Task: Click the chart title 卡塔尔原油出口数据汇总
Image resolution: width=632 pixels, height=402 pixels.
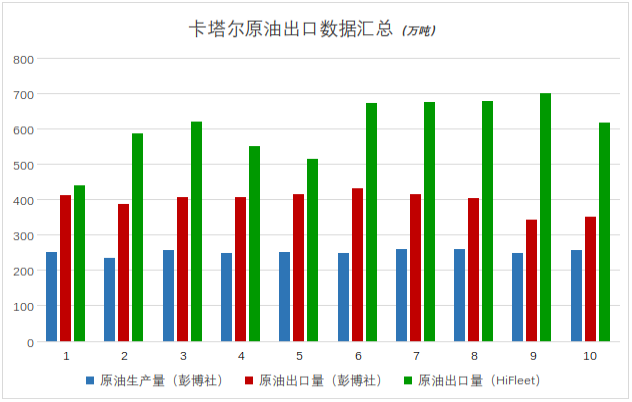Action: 291,29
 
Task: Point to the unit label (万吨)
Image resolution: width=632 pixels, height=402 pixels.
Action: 418,31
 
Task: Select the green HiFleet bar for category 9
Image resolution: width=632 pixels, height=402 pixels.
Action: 545,217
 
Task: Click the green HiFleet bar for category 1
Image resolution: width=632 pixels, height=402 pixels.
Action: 79,263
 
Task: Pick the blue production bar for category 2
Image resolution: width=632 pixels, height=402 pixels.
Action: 109,299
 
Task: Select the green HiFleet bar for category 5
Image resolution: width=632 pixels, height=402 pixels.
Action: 312,250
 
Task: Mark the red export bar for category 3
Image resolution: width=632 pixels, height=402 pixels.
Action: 182,269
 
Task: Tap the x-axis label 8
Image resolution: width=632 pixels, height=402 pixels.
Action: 474,356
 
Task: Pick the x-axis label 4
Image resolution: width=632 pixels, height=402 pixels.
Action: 241,356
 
